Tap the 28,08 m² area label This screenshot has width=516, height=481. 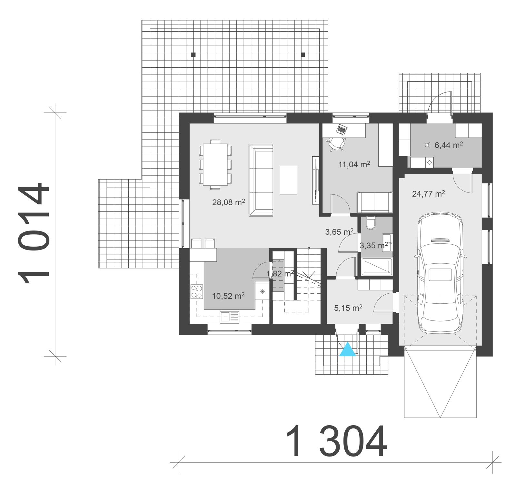(x=228, y=202)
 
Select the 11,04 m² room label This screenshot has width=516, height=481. (x=354, y=164)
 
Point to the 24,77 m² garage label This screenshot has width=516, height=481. (x=429, y=194)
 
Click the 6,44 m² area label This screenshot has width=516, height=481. (x=449, y=145)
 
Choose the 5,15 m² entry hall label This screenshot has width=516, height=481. (x=348, y=308)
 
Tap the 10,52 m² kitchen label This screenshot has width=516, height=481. (x=228, y=296)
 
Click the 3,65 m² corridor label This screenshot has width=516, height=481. (x=339, y=231)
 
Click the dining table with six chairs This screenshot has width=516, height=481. (x=215, y=164)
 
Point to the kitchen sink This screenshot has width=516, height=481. (x=229, y=317)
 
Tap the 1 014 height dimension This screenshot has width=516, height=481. (x=34, y=234)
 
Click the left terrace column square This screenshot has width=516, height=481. (x=193, y=54)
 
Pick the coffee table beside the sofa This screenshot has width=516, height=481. (x=288, y=180)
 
